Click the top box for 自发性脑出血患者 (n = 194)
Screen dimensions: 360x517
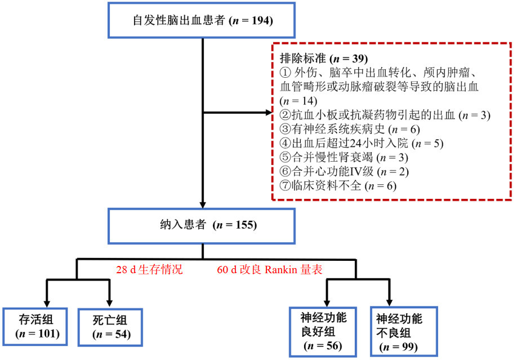tap(202, 21)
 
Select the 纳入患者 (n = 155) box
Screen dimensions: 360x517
tap(202, 225)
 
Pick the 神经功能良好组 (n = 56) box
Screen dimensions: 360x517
tap(323, 331)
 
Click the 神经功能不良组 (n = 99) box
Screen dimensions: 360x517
tap(399, 331)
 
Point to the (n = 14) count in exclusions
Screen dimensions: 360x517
tap(299, 101)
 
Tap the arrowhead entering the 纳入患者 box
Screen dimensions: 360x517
tap(202, 205)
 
